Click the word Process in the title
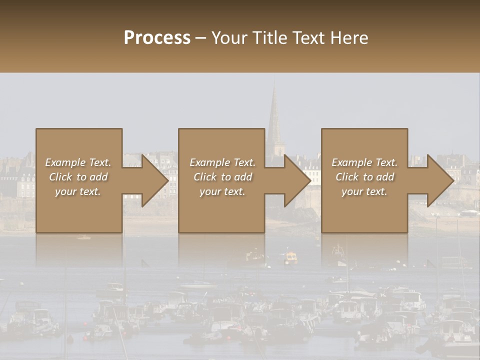click(x=157, y=38)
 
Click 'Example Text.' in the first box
click(x=78, y=162)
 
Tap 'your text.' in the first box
click(x=78, y=191)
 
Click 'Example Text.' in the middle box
click(x=222, y=162)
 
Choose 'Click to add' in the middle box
click(x=222, y=177)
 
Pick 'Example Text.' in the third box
click(x=364, y=162)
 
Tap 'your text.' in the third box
click(x=364, y=191)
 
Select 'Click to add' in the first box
click(x=78, y=177)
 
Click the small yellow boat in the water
click(x=290, y=257)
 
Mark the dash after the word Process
click(x=200, y=38)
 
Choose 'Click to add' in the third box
click(x=364, y=177)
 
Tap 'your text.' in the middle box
click(x=222, y=191)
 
